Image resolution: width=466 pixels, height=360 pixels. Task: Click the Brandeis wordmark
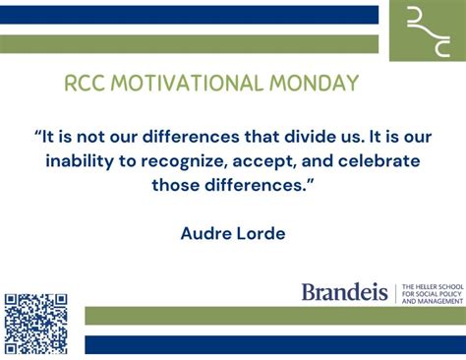[344, 292]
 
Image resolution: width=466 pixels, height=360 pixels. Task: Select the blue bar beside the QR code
[274, 344]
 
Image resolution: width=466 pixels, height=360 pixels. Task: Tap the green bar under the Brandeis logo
[274, 316]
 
